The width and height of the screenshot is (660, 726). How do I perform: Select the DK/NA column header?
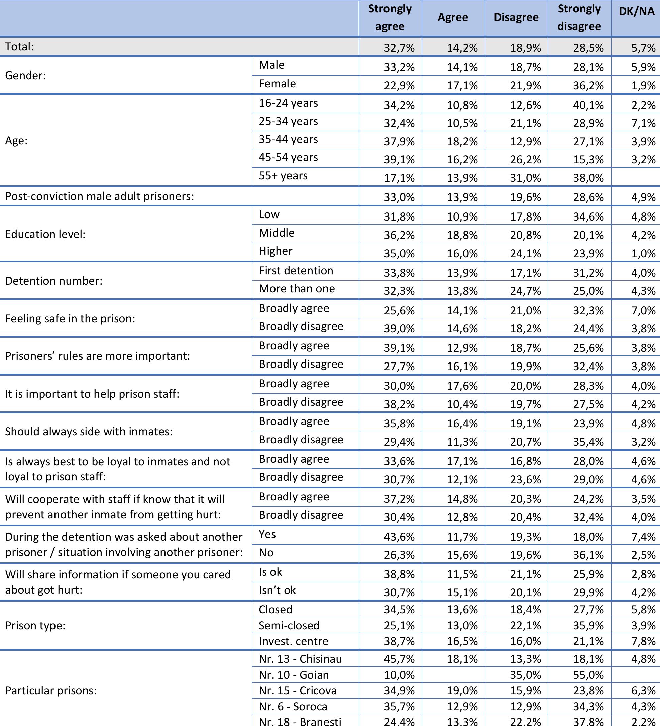click(636, 11)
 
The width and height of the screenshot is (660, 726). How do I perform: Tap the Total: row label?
click(19, 47)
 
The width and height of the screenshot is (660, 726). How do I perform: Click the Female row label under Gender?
click(277, 84)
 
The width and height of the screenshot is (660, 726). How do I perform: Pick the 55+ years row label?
click(283, 176)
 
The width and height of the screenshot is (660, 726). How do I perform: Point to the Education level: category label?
click(45, 235)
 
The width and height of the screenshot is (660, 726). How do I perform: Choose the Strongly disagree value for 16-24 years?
click(588, 105)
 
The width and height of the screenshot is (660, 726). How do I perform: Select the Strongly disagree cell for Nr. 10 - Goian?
click(588, 675)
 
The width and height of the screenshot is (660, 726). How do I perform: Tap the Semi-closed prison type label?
click(289, 625)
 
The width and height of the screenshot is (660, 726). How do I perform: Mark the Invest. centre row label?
click(294, 641)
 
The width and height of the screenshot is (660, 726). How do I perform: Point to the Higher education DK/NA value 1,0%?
click(643, 254)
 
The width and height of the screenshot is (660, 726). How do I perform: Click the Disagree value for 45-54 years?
click(525, 159)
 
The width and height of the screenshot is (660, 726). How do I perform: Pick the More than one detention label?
click(297, 289)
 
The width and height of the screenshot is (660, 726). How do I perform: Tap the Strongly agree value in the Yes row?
click(399, 537)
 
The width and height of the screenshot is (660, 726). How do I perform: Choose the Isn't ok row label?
click(277, 591)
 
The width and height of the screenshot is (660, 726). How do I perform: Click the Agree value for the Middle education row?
click(462, 235)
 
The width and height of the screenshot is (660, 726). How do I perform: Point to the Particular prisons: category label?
click(51, 691)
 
